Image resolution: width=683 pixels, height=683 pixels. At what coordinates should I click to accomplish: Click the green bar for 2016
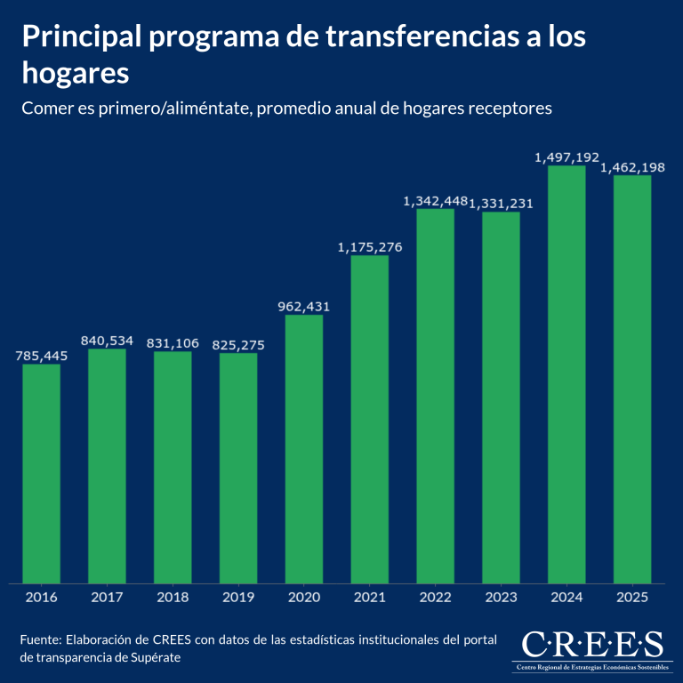tap(41, 473)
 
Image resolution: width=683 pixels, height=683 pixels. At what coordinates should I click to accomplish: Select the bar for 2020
tap(304, 449)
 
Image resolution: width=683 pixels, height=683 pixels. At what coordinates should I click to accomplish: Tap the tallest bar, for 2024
tap(566, 374)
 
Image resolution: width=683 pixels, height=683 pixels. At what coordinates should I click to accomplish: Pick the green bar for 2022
tap(435, 396)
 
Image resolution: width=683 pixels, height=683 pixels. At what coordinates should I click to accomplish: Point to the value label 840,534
tap(106, 340)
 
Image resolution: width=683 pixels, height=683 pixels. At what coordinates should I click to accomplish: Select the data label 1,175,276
tap(369, 246)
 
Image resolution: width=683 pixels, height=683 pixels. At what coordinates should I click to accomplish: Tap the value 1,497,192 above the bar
tap(566, 157)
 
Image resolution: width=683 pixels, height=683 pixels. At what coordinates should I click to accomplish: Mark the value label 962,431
tap(304, 306)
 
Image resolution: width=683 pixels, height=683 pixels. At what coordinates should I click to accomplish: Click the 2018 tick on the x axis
tap(173, 598)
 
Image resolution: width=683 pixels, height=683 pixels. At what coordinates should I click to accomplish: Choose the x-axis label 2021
tap(369, 598)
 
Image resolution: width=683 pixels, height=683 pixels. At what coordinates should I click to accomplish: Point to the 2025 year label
tap(631, 598)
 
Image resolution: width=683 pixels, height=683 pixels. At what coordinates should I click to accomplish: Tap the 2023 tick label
tap(501, 598)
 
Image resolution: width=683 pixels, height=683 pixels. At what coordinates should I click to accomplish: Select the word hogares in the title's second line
tap(76, 73)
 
